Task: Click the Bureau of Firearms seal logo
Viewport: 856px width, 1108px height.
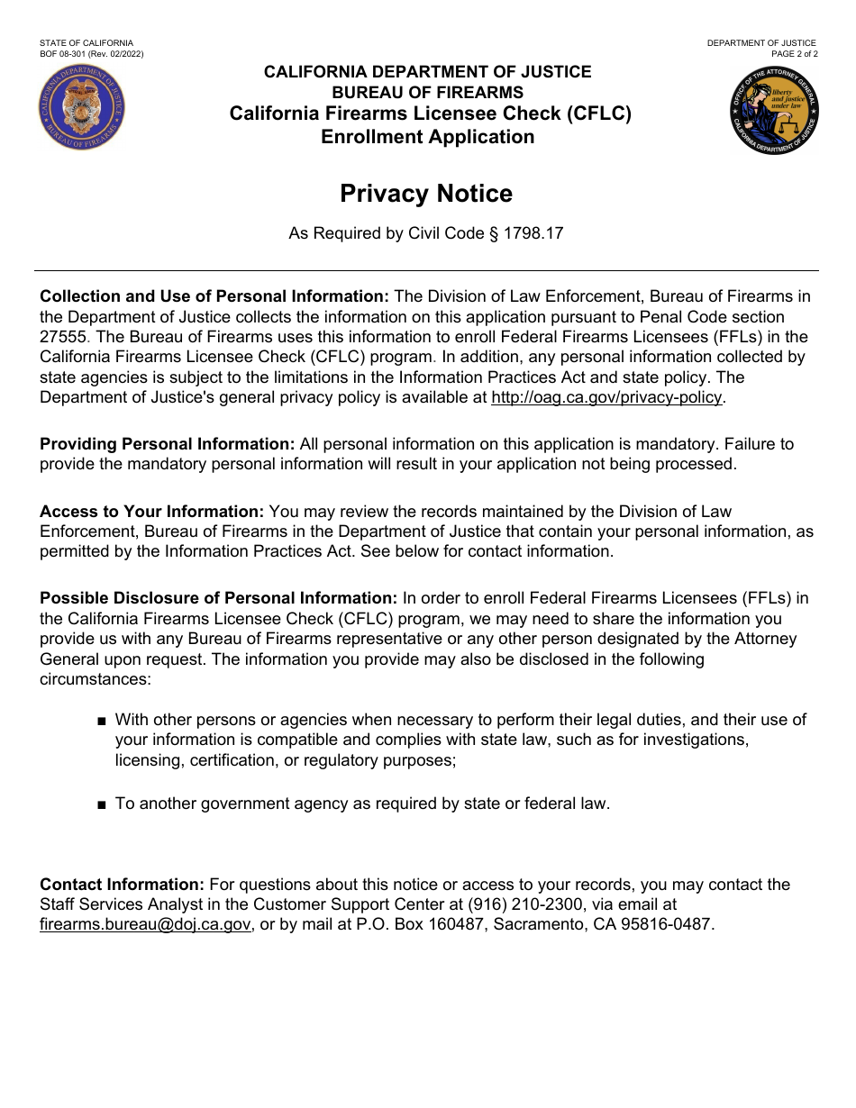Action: pos(82,108)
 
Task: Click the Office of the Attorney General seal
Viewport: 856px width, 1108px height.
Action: pos(774,108)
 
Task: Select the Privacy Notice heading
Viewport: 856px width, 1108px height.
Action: pos(426,194)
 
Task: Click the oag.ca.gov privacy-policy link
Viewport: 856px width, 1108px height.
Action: pos(606,397)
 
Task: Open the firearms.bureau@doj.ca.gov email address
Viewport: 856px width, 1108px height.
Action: pos(145,924)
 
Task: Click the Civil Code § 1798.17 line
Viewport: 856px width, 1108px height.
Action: pos(426,233)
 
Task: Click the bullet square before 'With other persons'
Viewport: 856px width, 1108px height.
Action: pos(101,721)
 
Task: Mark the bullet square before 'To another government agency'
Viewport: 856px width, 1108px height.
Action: pos(101,804)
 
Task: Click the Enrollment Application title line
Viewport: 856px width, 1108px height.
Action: pos(427,137)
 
